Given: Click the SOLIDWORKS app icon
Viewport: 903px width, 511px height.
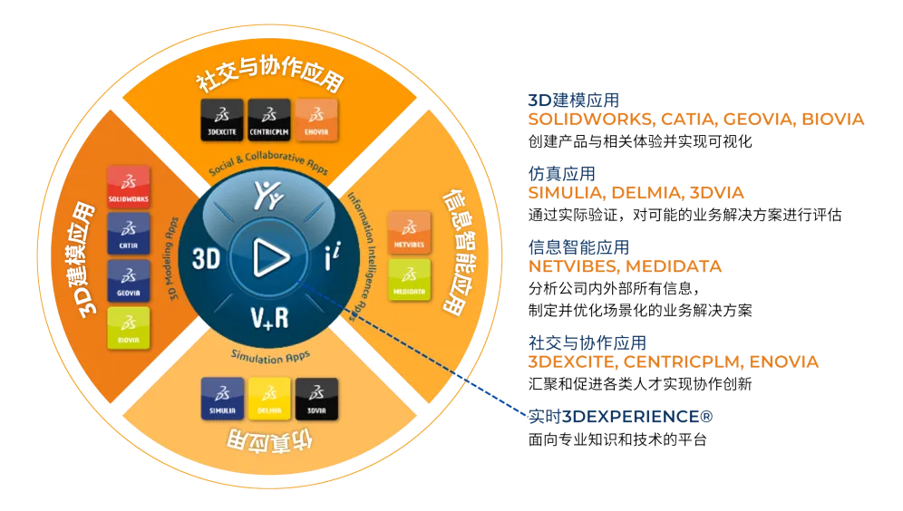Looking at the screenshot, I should coord(128,187).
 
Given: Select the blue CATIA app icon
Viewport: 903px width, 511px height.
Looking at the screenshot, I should coord(128,234).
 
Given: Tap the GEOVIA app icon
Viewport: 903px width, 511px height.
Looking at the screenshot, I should coord(128,281).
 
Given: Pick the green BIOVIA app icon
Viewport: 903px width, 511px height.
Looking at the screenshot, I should coord(128,328).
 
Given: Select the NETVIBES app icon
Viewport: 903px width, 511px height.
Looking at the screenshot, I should coord(409,233).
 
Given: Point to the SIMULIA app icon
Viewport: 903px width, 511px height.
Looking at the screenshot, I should coord(222,399).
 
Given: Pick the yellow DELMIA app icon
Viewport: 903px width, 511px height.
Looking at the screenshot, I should coord(269,399).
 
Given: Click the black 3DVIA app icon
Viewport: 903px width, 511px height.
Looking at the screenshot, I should coord(316,399).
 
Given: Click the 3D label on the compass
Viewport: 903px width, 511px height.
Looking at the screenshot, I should coord(207,258).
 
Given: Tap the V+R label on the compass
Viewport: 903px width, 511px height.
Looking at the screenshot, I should coord(268,317).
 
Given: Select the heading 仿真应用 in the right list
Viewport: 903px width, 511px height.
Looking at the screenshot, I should coord(561,173).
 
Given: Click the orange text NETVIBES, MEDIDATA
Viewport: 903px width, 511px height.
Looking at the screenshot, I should coord(625,266).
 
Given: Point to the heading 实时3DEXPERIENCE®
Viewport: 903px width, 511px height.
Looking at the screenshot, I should coord(622,417).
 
